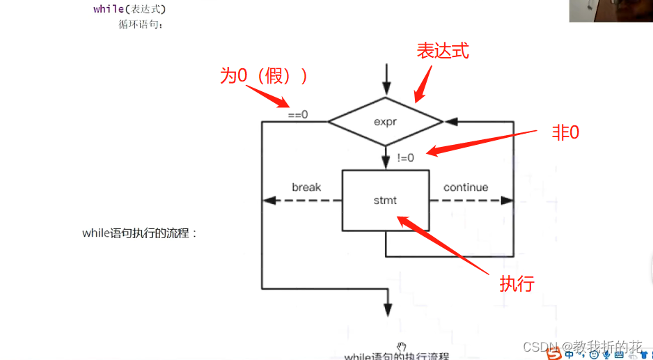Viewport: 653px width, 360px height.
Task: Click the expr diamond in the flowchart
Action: [x=385, y=122]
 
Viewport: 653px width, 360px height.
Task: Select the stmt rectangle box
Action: [x=385, y=201]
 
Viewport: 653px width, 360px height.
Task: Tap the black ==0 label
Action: [x=297, y=114]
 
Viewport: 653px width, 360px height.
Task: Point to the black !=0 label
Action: [x=405, y=158]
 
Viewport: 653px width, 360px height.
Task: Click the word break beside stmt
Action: [x=306, y=187]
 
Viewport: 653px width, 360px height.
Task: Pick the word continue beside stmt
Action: [x=466, y=187]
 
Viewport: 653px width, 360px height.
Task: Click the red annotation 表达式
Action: [x=443, y=51]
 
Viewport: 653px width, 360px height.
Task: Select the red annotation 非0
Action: [x=565, y=133]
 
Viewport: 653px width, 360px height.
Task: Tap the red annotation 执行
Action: [x=517, y=283]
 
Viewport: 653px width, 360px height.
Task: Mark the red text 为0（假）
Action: [x=264, y=76]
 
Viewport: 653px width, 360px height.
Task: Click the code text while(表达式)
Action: [x=129, y=9]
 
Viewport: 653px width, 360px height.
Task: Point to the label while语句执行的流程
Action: [x=139, y=233]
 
